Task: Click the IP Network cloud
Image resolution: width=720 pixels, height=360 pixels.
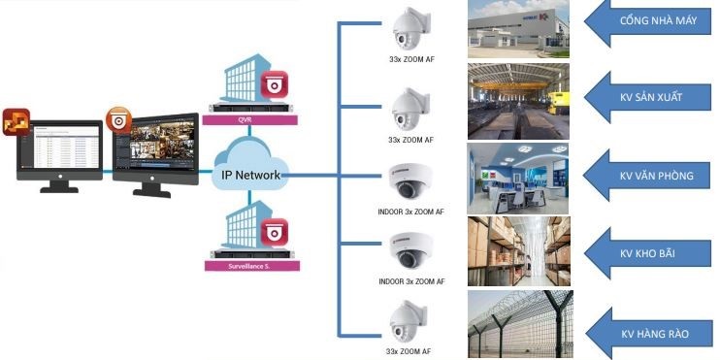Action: pos(250,170)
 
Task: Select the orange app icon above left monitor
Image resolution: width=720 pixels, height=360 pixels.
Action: pos(16,122)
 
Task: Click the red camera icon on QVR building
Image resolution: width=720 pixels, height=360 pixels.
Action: pos(276,82)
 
